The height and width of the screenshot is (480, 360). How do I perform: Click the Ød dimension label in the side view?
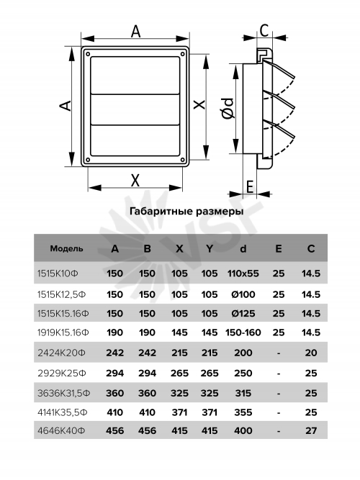[228, 108]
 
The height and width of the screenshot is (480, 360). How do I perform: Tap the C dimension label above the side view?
[264, 31]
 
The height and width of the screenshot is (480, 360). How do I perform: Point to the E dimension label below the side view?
[250, 186]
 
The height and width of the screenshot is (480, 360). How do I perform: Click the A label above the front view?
[135, 31]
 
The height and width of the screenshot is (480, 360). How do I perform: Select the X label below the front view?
[135, 180]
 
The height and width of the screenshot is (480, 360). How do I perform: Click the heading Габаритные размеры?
[186, 212]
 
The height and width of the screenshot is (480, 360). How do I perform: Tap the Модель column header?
[66, 248]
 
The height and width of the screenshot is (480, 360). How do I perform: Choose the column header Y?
[210, 248]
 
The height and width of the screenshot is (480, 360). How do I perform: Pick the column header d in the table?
[243, 248]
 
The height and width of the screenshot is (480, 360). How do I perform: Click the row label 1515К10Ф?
[58, 273]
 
